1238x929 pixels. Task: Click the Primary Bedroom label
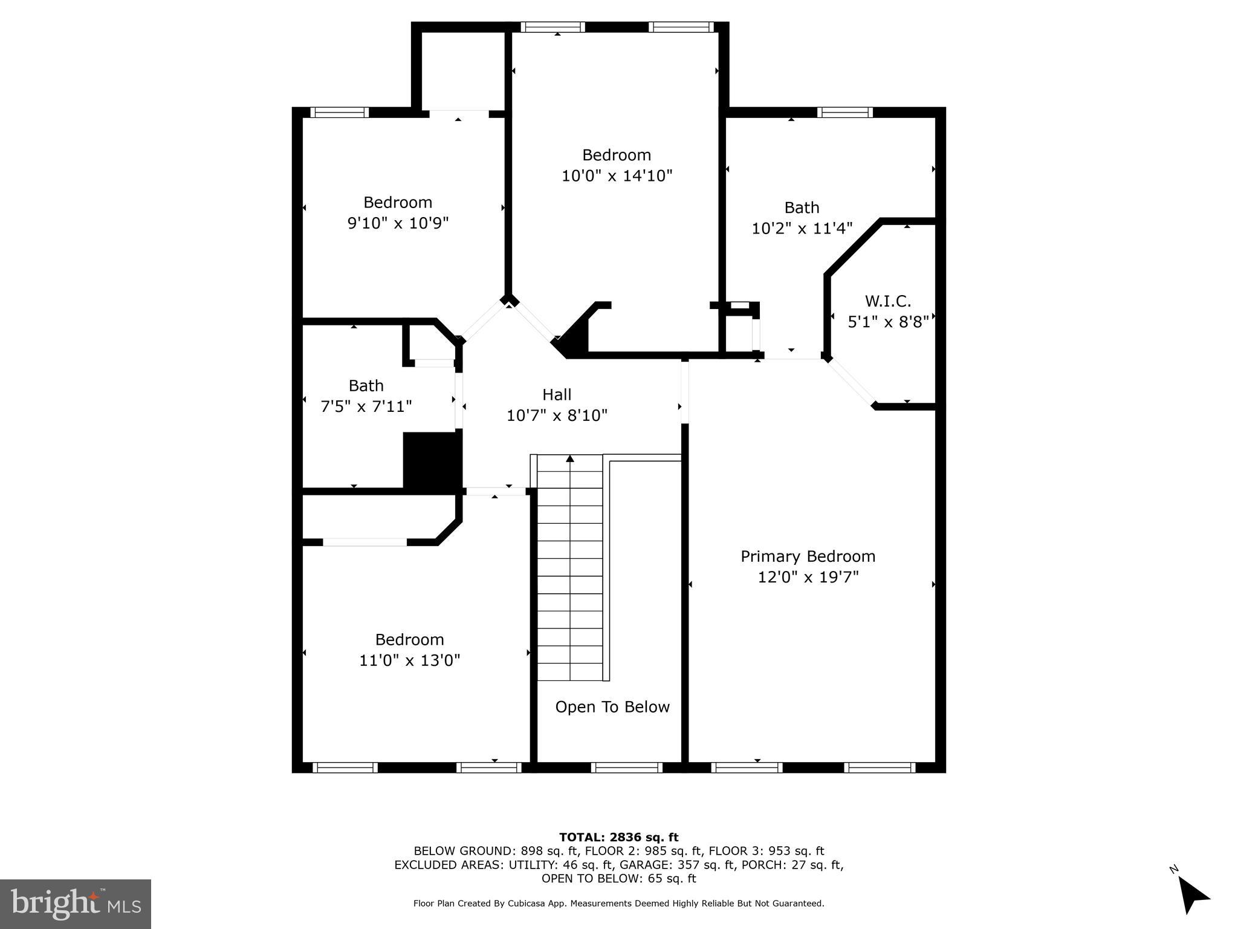pyautogui.click(x=808, y=556)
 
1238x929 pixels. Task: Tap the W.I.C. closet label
pyautogui.click(x=887, y=301)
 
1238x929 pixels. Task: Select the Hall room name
pyautogui.click(x=556, y=395)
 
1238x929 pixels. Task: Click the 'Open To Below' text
pyautogui.click(x=612, y=707)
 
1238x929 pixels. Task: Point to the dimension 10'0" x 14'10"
pyautogui.click(x=617, y=176)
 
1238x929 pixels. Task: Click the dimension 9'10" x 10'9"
pyautogui.click(x=398, y=223)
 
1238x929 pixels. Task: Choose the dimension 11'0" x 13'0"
pyautogui.click(x=410, y=660)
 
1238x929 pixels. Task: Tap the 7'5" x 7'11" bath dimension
pyautogui.click(x=366, y=406)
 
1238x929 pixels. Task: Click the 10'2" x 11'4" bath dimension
pyautogui.click(x=802, y=229)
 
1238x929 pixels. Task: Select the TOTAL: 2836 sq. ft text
pyautogui.click(x=618, y=838)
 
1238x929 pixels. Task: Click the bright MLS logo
pyautogui.click(x=76, y=904)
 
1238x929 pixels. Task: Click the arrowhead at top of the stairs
pyautogui.click(x=570, y=458)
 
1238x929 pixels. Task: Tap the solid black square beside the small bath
pyautogui.click(x=432, y=460)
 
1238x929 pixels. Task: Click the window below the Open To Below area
pyautogui.click(x=626, y=768)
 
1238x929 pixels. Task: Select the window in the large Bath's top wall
pyautogui.click(x=844, y=112)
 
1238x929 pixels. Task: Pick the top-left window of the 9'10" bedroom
pyautogui.click(x=339, y=112)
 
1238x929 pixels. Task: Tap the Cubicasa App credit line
pyautogui.click(x=618, y=904)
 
